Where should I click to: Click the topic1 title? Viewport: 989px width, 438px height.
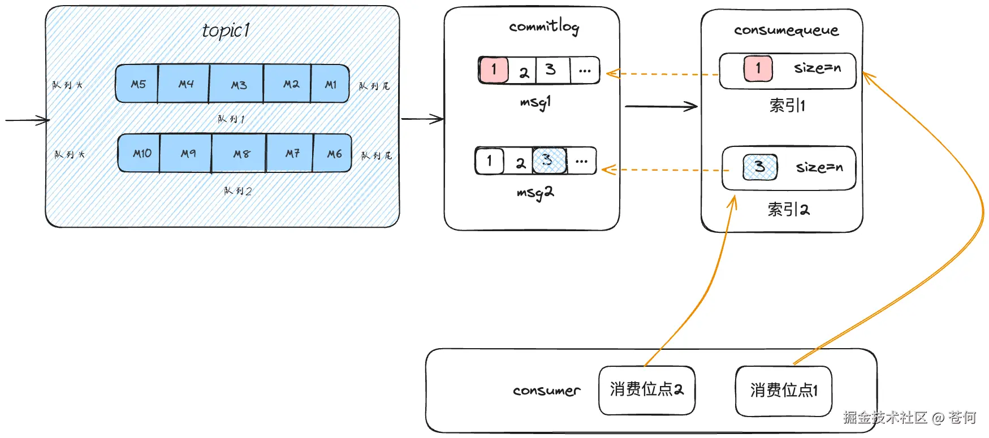(226, 31)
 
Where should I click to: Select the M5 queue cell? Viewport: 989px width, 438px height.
(137, 84)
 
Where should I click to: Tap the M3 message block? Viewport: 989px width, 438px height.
(238, 85)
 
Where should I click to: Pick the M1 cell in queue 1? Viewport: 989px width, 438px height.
(330, 84)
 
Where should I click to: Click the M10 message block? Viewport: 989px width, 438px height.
(141, 153)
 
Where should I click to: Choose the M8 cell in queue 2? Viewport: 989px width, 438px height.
(241, 154)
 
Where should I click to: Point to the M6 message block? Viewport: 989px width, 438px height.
(334, 153)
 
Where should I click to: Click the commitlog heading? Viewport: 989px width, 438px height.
(543, 27)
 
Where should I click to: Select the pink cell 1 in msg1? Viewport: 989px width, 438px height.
(494, 70)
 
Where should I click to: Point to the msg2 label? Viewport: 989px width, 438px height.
(535, 193)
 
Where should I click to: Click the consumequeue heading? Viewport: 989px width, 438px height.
(785, 31)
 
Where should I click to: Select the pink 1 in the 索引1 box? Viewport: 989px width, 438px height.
(758, 68)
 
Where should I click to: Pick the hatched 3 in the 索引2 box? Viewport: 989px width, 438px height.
(759, 167)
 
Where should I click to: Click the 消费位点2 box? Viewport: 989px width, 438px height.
(646, 390)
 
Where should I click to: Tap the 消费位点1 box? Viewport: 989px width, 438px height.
(784, 391)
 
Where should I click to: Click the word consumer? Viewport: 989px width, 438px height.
(546, 391)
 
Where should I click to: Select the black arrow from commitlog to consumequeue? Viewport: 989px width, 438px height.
(660, 106)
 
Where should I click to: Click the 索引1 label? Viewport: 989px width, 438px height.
(787, 106)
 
